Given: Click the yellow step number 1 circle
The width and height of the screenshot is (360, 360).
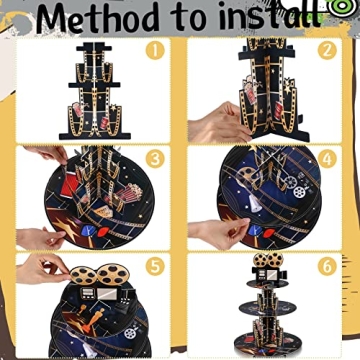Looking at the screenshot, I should [154, 49].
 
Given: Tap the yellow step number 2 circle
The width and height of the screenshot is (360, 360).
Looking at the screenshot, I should [325, 49].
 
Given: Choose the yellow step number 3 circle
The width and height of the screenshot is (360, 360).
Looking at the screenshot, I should [154, 159].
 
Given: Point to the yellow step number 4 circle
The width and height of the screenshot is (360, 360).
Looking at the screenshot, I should [326, 159].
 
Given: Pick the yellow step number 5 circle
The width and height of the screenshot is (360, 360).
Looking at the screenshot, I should [154, 266].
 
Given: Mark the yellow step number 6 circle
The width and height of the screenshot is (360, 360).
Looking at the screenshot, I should [326, 266].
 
